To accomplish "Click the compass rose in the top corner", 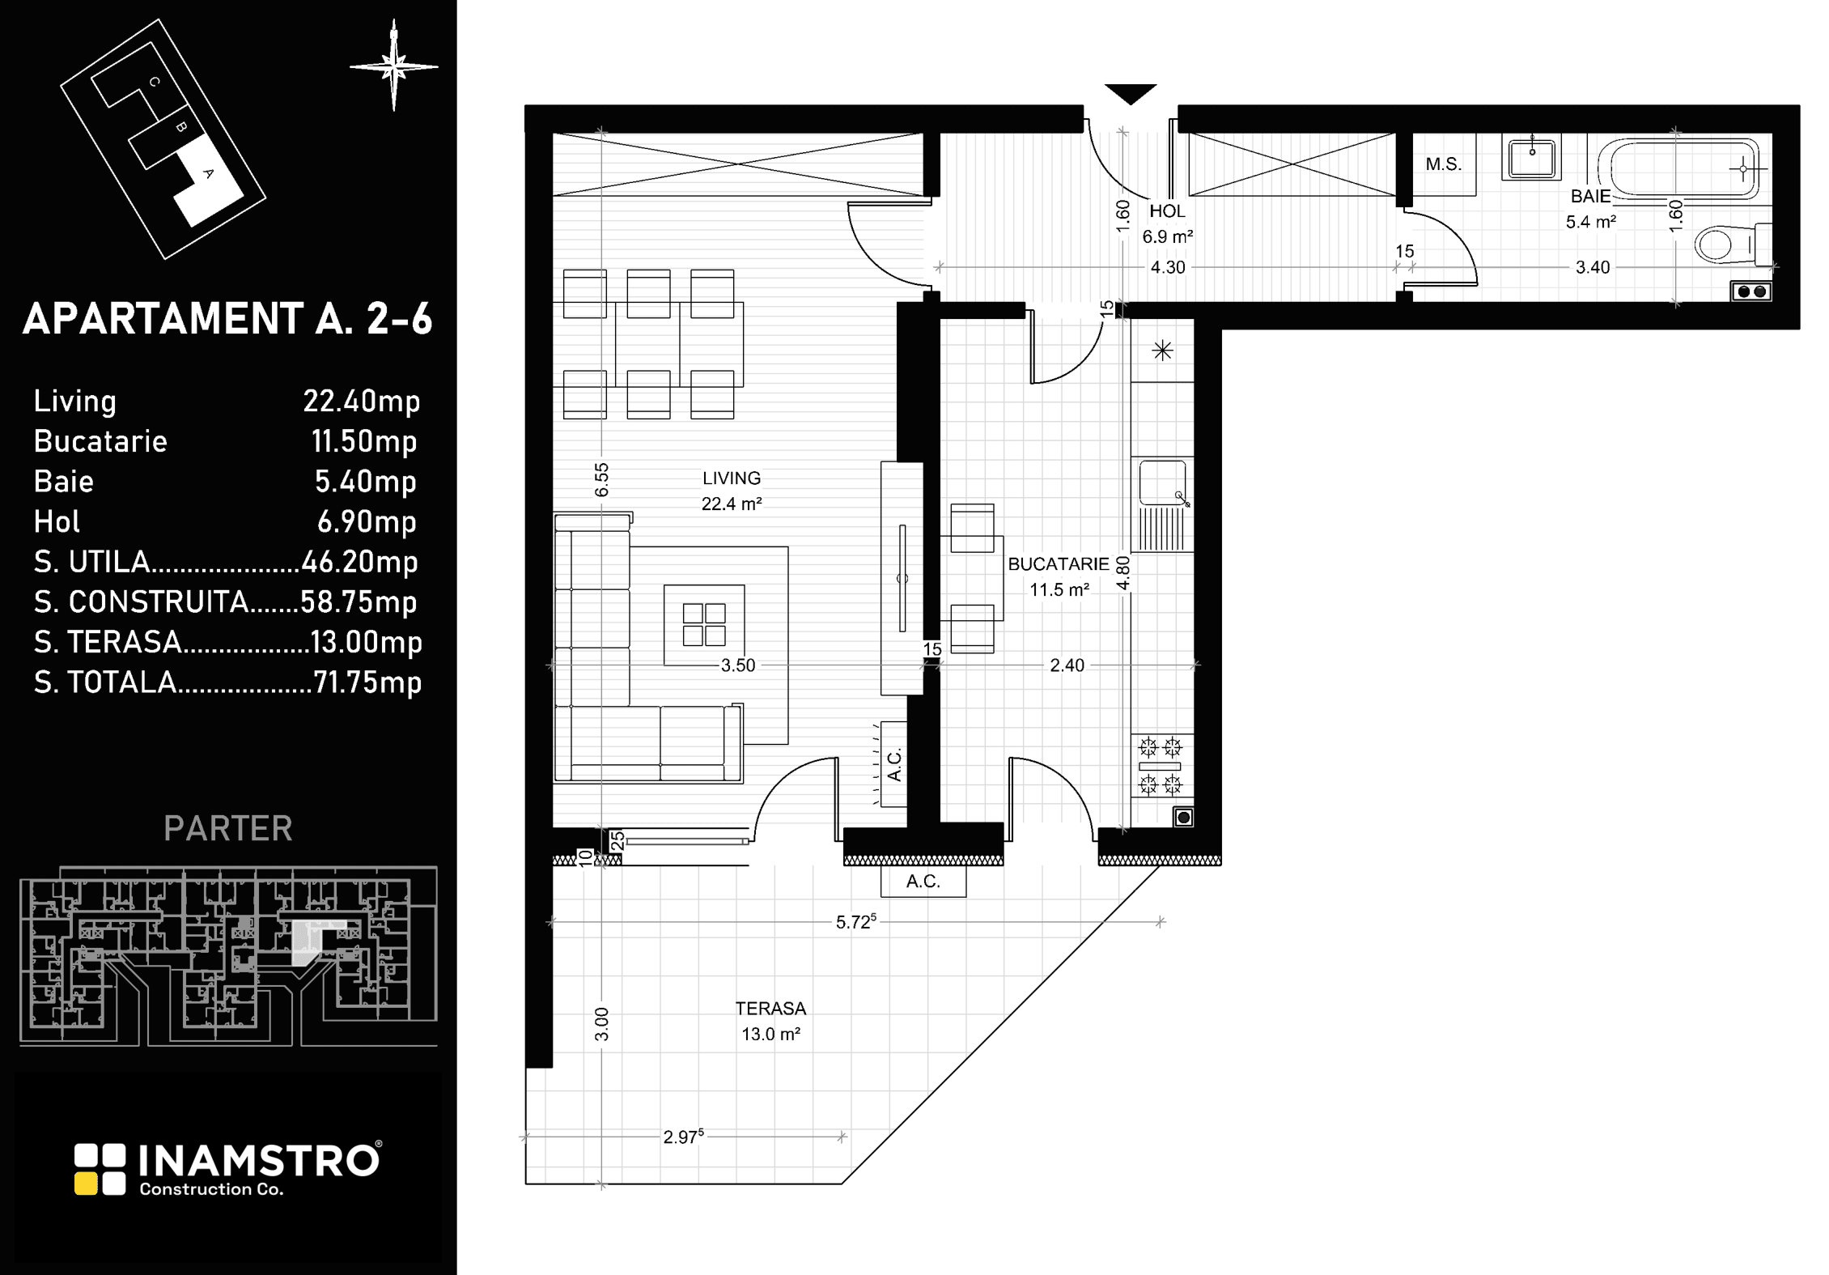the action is (394, 66).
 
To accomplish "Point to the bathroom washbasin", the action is (1531, 157).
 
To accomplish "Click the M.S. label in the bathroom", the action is (1444, 164).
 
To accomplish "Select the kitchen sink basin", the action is (1162, 482).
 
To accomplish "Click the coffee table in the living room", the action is (704, 625).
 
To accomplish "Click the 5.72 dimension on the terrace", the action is (856, 921).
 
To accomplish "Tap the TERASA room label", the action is (770, 1009).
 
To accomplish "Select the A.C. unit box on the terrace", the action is (923, 881).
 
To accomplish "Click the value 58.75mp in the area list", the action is (359, 602).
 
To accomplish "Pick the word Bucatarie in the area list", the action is (100, 441).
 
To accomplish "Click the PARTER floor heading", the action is (227, 828).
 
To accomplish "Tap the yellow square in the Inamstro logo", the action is (87, 1184).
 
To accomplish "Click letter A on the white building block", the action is (208, 173).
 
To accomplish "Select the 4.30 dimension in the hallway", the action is (1168, 267).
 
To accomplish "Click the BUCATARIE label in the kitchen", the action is (1059, 564).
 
